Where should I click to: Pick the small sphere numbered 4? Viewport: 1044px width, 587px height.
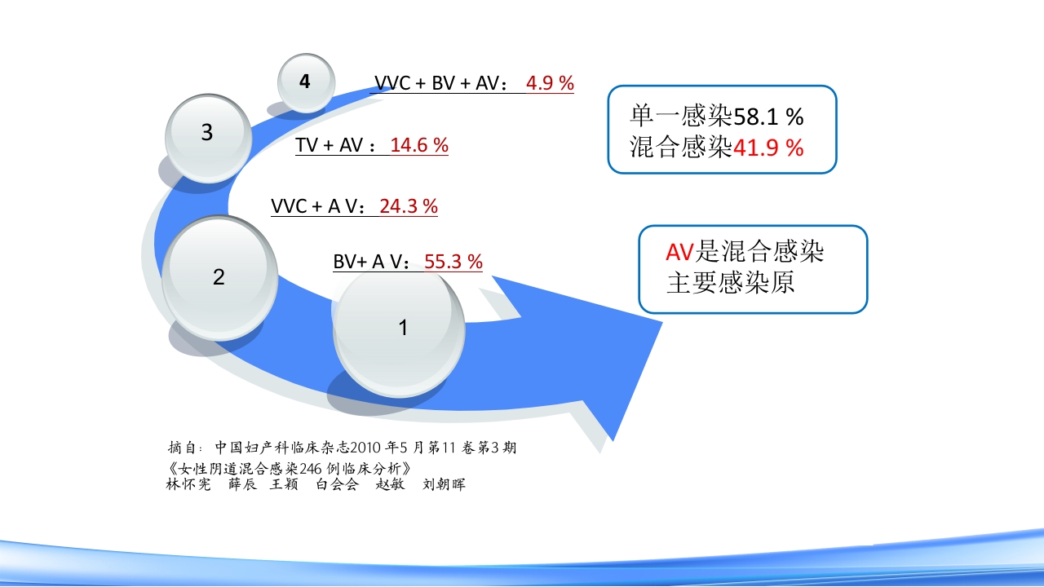click(306, 82)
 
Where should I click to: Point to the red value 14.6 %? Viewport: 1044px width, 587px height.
click(419, 146)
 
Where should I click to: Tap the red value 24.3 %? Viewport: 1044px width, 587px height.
click(409, 206)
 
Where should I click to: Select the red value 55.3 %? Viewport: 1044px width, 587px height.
click(453, 262)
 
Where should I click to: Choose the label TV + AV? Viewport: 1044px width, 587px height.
click(329, 146)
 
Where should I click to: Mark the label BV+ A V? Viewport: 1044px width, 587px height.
click(369, 262)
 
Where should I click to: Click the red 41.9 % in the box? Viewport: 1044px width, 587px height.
click(768, 148)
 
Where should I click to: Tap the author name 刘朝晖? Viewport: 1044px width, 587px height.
click(445, 484)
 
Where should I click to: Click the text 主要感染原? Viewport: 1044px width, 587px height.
click(730, 282)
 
